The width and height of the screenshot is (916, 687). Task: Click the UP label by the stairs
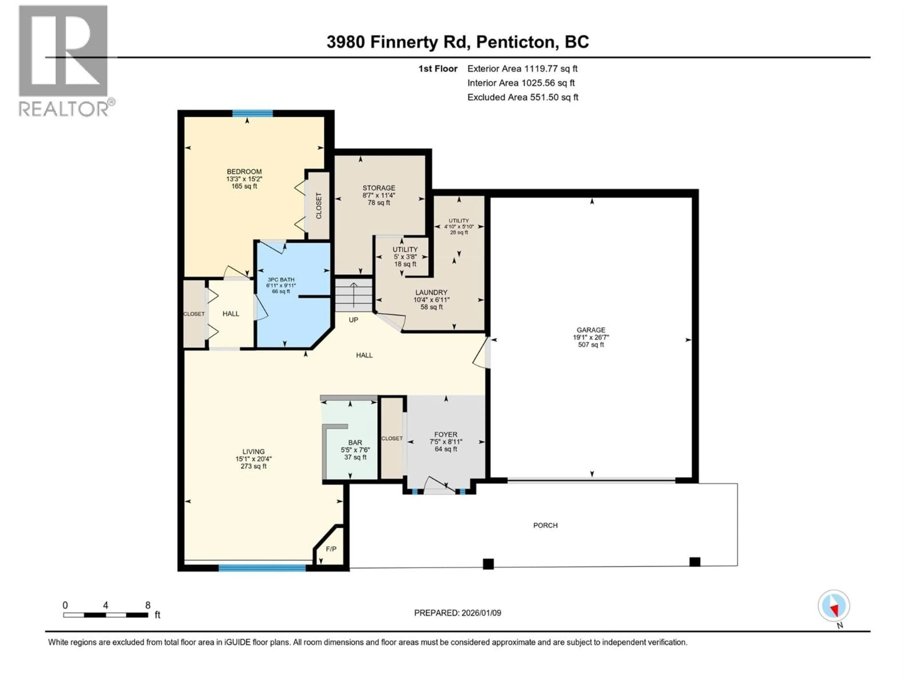click(353, 320)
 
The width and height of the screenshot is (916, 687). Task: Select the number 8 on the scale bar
click(148, 605)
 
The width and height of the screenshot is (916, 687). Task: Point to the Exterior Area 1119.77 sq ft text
click(522, 69)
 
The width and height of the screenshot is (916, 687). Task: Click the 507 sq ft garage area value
click(591, 344)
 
